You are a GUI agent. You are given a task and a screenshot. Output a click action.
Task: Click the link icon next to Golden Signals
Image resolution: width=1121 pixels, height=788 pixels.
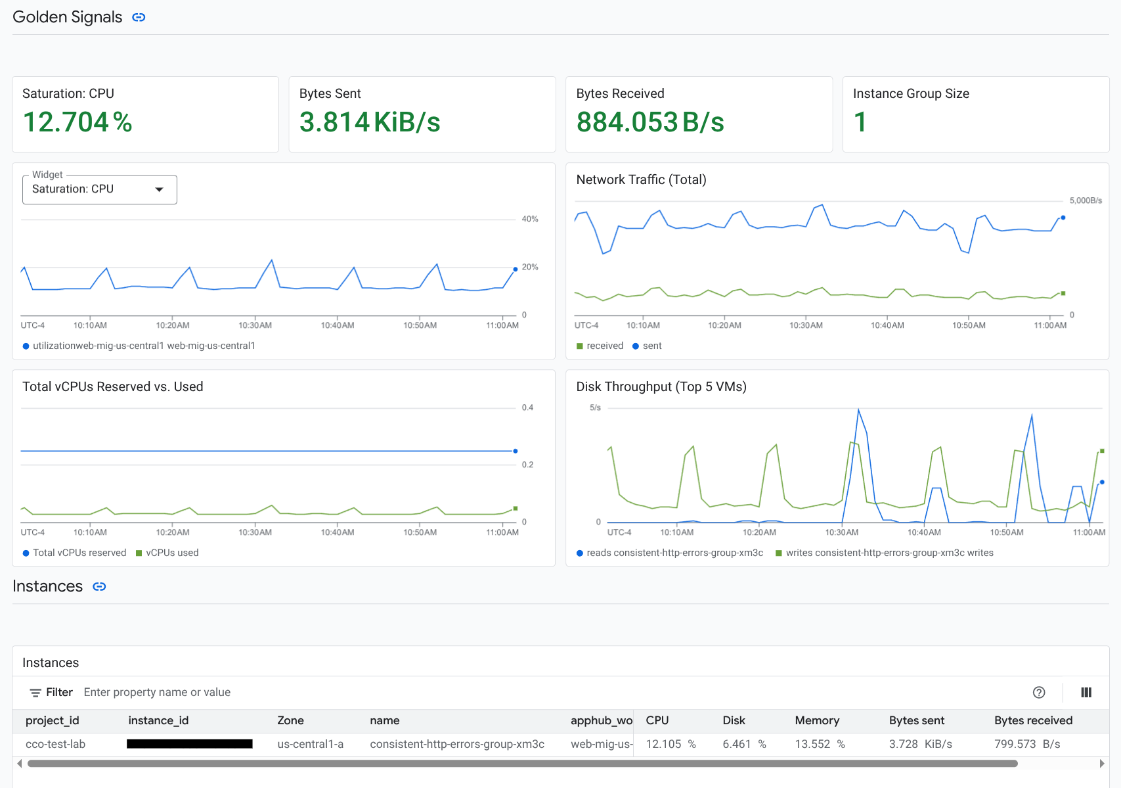coord(139,17)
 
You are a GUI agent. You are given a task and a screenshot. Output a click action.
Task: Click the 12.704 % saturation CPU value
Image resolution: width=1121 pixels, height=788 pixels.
coord(77,122)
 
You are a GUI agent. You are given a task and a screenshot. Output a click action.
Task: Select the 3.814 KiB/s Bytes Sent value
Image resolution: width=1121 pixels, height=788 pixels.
coord(369,122)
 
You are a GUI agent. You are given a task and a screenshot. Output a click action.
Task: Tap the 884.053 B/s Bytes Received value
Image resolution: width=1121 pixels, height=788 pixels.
coord(649,122)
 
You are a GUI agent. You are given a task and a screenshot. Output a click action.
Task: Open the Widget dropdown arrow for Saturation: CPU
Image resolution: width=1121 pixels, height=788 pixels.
coord(159,189)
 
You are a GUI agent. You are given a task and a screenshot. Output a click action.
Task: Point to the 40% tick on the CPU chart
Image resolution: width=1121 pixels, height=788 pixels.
coord(529,219)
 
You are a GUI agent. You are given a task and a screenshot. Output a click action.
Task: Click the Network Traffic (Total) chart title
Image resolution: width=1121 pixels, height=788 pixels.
coord(640,179)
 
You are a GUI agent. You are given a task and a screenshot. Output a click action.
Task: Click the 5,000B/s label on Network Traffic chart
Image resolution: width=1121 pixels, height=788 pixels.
coord(1085,200)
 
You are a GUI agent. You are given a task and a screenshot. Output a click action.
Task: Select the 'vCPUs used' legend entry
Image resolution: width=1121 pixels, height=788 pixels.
coord(171,553)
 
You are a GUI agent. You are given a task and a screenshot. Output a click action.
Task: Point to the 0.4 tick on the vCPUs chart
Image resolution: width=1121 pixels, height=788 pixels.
coord(527,407)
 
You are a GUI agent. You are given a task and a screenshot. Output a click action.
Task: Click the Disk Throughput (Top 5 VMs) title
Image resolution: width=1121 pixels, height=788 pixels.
coord(661,386)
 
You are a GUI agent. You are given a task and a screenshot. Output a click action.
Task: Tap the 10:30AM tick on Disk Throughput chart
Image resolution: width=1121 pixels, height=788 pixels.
coord(841,532)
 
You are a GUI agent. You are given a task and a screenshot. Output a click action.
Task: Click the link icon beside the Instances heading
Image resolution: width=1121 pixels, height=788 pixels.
coord(99,586)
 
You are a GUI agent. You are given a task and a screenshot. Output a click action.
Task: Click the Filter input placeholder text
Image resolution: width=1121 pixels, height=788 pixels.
coord(157,692)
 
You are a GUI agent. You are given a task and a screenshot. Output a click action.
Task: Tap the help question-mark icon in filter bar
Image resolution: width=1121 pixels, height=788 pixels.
coord(1038,692)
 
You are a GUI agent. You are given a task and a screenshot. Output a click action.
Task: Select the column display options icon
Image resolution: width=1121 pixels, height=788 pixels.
coord(1086,692)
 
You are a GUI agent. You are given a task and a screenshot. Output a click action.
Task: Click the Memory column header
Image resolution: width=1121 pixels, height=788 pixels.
coord(816,720)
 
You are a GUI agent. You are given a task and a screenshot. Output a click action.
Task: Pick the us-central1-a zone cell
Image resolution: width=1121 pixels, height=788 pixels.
coord(310,744)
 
